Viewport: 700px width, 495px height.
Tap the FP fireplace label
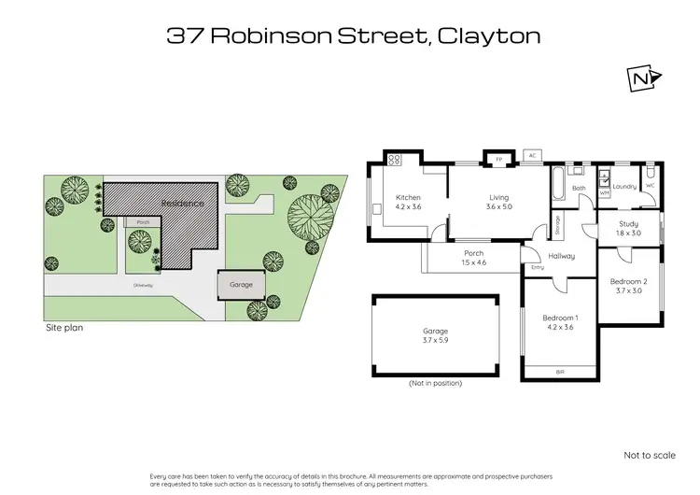tap(499, 159)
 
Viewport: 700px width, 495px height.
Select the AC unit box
tap(532, 155)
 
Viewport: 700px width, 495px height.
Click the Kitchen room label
tap(409, 197)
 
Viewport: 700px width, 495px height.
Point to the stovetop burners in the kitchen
tap(394, 161)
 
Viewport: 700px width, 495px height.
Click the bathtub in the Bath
tap(558, 185)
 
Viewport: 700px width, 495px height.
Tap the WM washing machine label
tap(604, 191)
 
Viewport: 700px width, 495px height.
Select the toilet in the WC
tap(650, 174)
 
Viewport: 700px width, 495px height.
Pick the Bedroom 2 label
tap(628, 282)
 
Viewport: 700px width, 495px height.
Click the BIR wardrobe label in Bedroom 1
tap(559, 372)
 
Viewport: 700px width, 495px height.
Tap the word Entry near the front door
tap(537, 268)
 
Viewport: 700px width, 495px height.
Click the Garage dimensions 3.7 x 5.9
tap(436, 341)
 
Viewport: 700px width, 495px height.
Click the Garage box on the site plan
tap(241, 284)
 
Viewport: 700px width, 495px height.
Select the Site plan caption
tap(70, 329)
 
